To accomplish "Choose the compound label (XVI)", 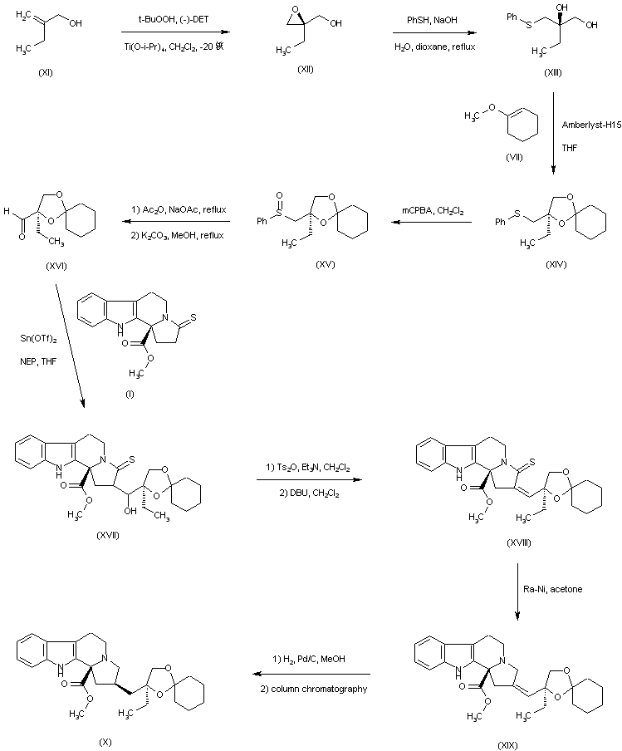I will [52, 265].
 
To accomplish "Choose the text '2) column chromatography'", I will [311, 690].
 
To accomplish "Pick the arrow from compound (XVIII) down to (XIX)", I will [517, 591].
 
